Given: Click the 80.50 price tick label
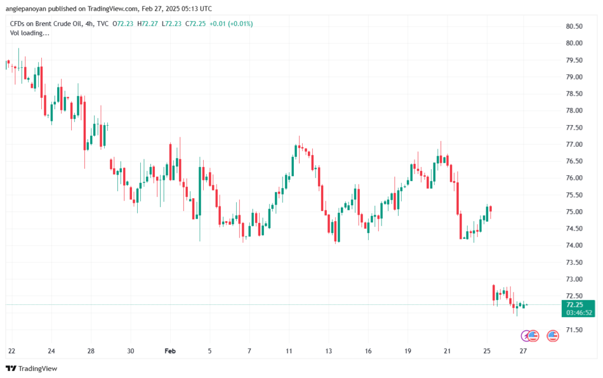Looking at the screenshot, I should point(574,27).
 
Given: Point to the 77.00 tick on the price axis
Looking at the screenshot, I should point(574,144).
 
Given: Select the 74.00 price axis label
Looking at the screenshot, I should point(574,245).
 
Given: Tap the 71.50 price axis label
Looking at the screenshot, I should point(574,330).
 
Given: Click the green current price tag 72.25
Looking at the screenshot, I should point(574,305).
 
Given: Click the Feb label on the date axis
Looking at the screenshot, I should point(170,350).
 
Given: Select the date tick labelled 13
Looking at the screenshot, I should point(329,350).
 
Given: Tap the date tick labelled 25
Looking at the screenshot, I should point(487,350).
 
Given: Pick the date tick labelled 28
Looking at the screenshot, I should point(91,350).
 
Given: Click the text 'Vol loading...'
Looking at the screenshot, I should point(29,33).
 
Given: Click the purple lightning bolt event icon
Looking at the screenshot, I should point(526,336).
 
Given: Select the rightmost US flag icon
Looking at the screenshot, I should point(552,336).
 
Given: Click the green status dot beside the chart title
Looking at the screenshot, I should point(114,24).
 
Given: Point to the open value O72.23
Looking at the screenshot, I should point(125,24).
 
